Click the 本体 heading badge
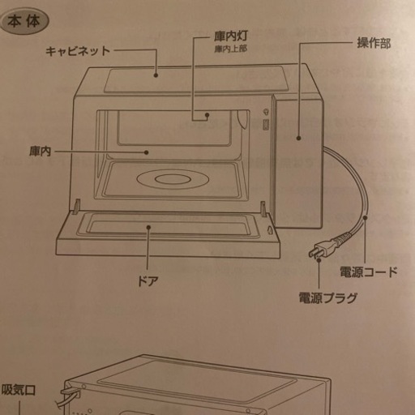pos(24,22)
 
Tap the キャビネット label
pos(78,51)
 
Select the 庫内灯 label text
pos(230,36)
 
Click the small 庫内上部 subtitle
pos(230,49)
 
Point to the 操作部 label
pos(374,43)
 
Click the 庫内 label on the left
pos(40,152)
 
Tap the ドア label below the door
pos(148,281)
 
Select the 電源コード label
pos(369,272)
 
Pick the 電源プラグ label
pos(327,297)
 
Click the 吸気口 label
pos(19,390)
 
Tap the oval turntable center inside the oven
pos(173,179)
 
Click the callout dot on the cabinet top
pos(156,75)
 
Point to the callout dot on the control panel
pos(298,138)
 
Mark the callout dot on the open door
pos(148,227)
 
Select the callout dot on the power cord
pos(366,217)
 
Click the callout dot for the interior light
pos(207,115)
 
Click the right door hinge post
pos(263,209)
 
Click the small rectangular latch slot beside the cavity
pos(266,126)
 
